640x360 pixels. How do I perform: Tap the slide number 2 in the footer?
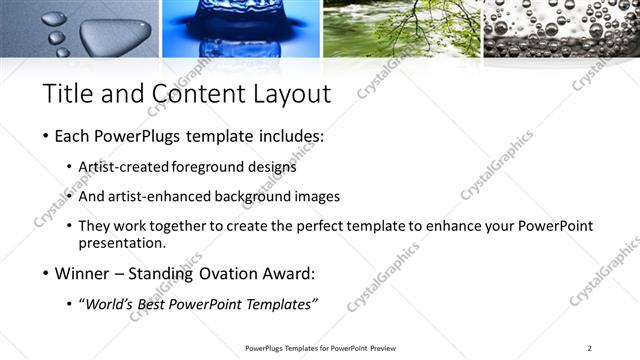point(590,347)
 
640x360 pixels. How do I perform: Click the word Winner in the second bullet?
point(83,273)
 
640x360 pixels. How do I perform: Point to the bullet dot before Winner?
point(46,273)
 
